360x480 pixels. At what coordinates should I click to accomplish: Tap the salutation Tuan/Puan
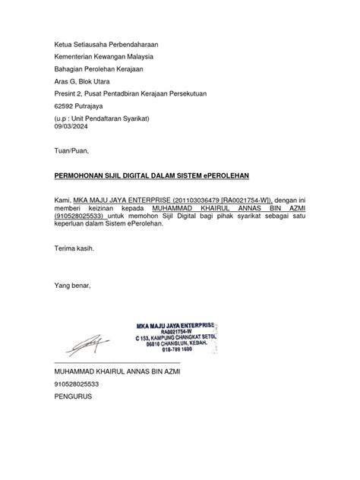coord(71,151)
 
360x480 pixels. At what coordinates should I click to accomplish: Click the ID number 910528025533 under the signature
coord(77,384)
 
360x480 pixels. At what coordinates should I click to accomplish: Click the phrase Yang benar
coord(72,285)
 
